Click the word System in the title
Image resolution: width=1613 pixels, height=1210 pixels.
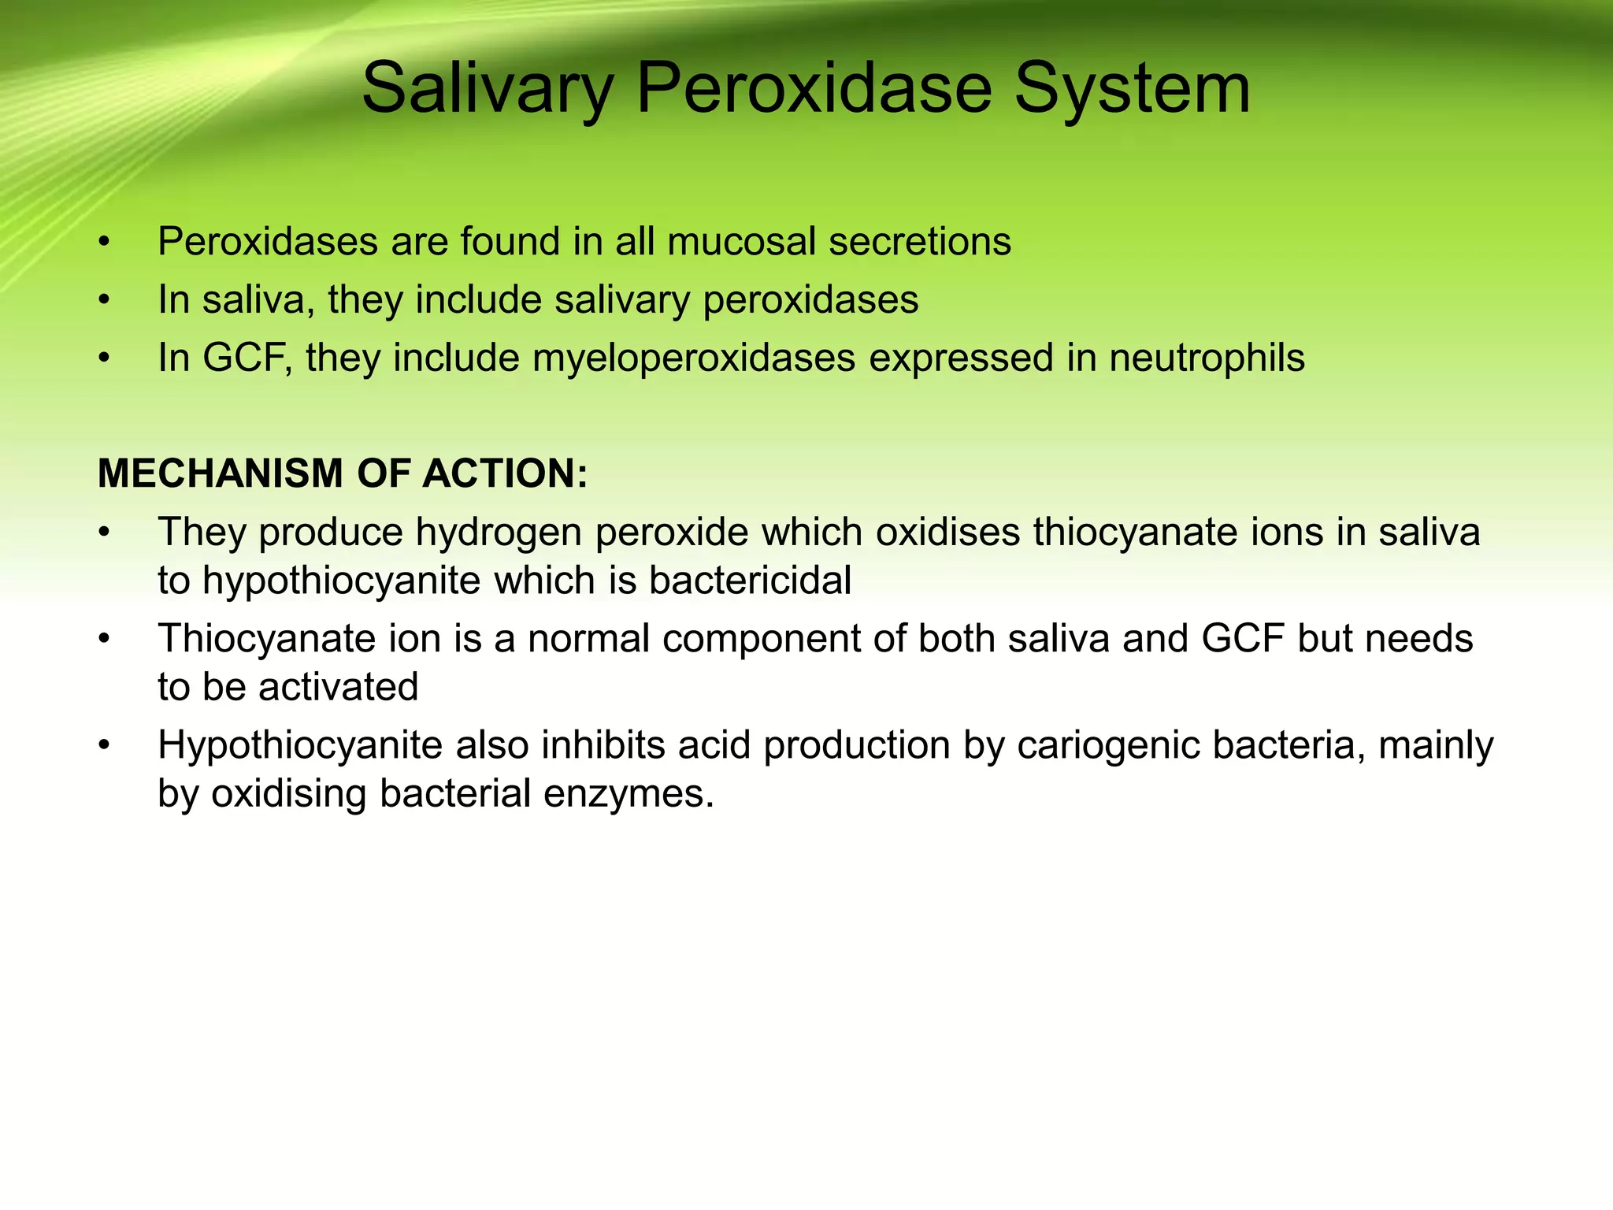(1132, 88)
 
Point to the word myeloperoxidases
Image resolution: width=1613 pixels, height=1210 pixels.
(694, 358)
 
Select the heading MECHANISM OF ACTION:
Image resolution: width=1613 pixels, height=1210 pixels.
(343, 473)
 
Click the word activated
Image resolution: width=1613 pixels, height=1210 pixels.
(338, 687)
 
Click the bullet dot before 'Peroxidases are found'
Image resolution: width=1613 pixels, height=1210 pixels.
(103, 243)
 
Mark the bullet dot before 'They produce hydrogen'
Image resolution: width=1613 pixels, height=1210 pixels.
(103, 533)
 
